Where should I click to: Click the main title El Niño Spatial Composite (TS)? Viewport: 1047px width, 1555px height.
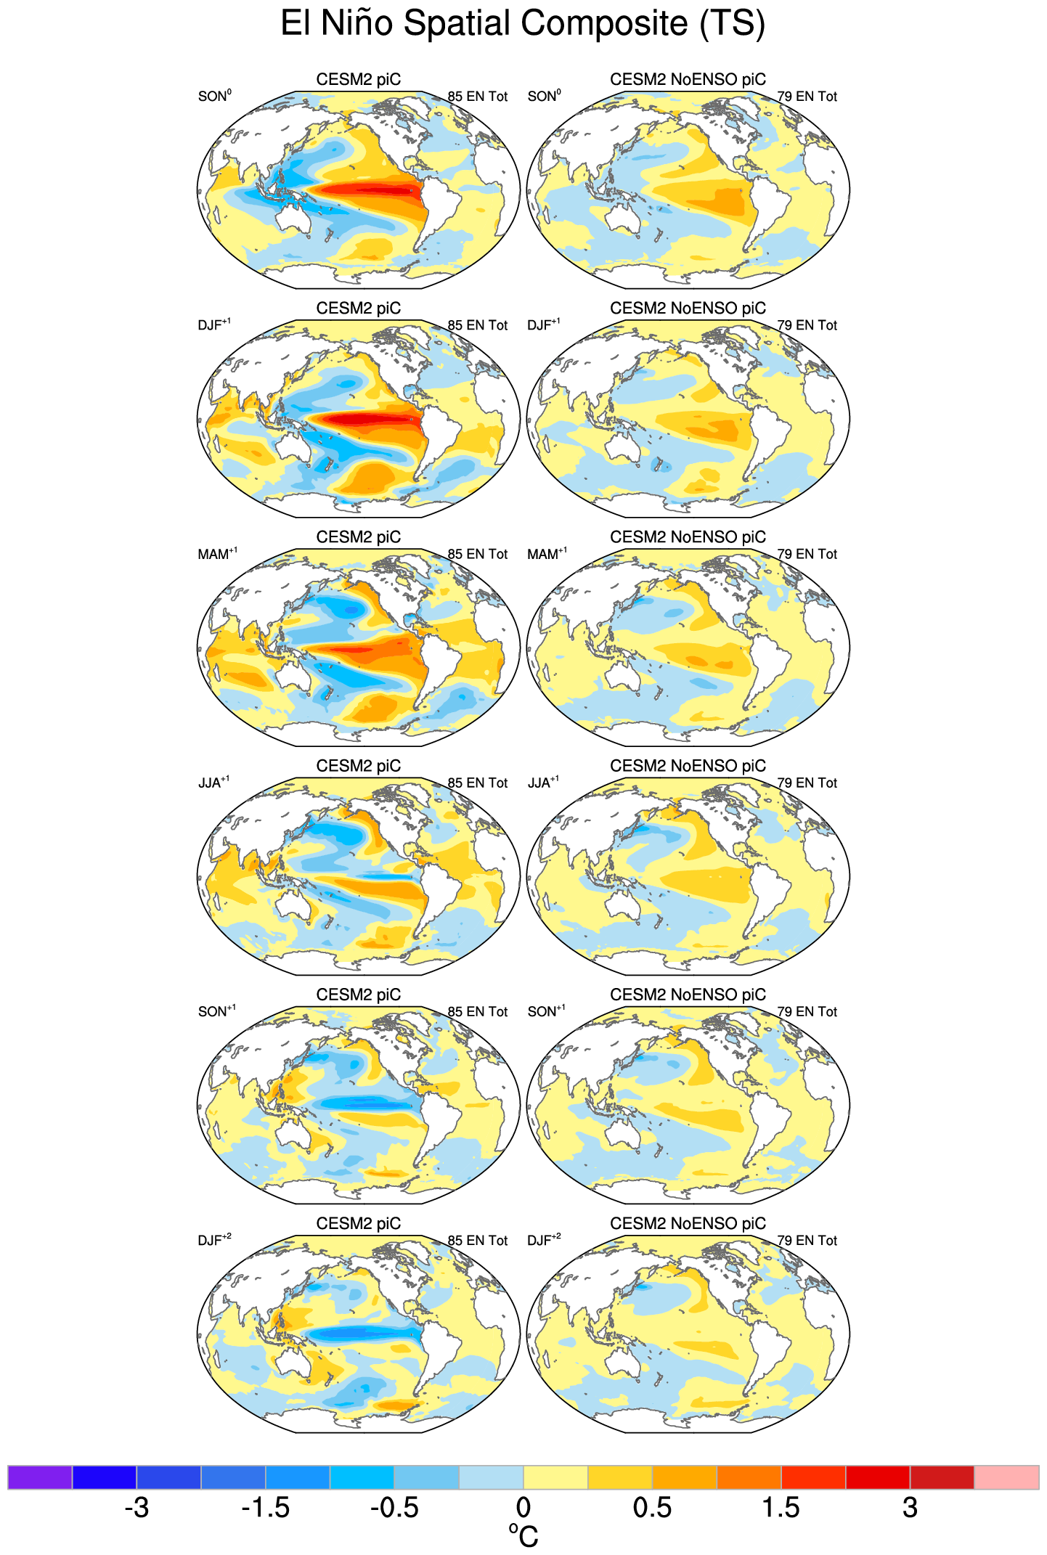(523, 23)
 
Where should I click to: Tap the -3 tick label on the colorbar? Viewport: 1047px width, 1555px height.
(137, 1508)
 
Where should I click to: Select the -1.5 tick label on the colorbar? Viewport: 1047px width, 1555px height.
(265, 1508)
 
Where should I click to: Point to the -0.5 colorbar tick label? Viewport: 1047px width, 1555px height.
(394, 1508)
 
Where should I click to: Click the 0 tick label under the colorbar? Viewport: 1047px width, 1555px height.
(523, 1508)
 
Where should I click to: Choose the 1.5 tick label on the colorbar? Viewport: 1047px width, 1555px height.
(781, 1508)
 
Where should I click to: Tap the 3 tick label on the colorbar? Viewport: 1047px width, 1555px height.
(910, 1508)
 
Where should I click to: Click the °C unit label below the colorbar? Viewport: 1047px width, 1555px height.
(523, 1536)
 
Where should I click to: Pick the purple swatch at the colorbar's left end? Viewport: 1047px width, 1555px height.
(40, 1477)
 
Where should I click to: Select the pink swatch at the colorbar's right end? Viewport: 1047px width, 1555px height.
(1006, 1477)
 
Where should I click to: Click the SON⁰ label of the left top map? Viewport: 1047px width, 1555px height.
(214, 96)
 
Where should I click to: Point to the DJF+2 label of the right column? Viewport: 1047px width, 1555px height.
(544, 1241)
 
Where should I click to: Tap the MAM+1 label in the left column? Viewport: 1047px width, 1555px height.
(217, 554)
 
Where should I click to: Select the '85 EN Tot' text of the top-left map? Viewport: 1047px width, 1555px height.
(477, 97)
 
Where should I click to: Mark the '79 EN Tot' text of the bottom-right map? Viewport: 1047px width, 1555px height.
(807, 1241)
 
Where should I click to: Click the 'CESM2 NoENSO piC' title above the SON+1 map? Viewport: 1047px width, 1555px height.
(688, 995)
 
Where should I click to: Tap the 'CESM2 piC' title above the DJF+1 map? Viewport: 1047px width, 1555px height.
(358, 308)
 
